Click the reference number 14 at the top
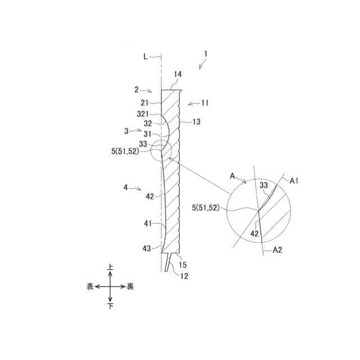[178, 74]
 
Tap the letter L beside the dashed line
[146, 56]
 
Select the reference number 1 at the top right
[206, 55]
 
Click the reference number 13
[196, 121]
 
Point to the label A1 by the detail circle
[294, 180]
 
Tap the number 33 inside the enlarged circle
[264, 184]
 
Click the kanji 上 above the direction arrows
[110, 269]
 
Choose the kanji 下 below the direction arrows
[110, 306]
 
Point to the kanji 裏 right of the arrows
[130, 286]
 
